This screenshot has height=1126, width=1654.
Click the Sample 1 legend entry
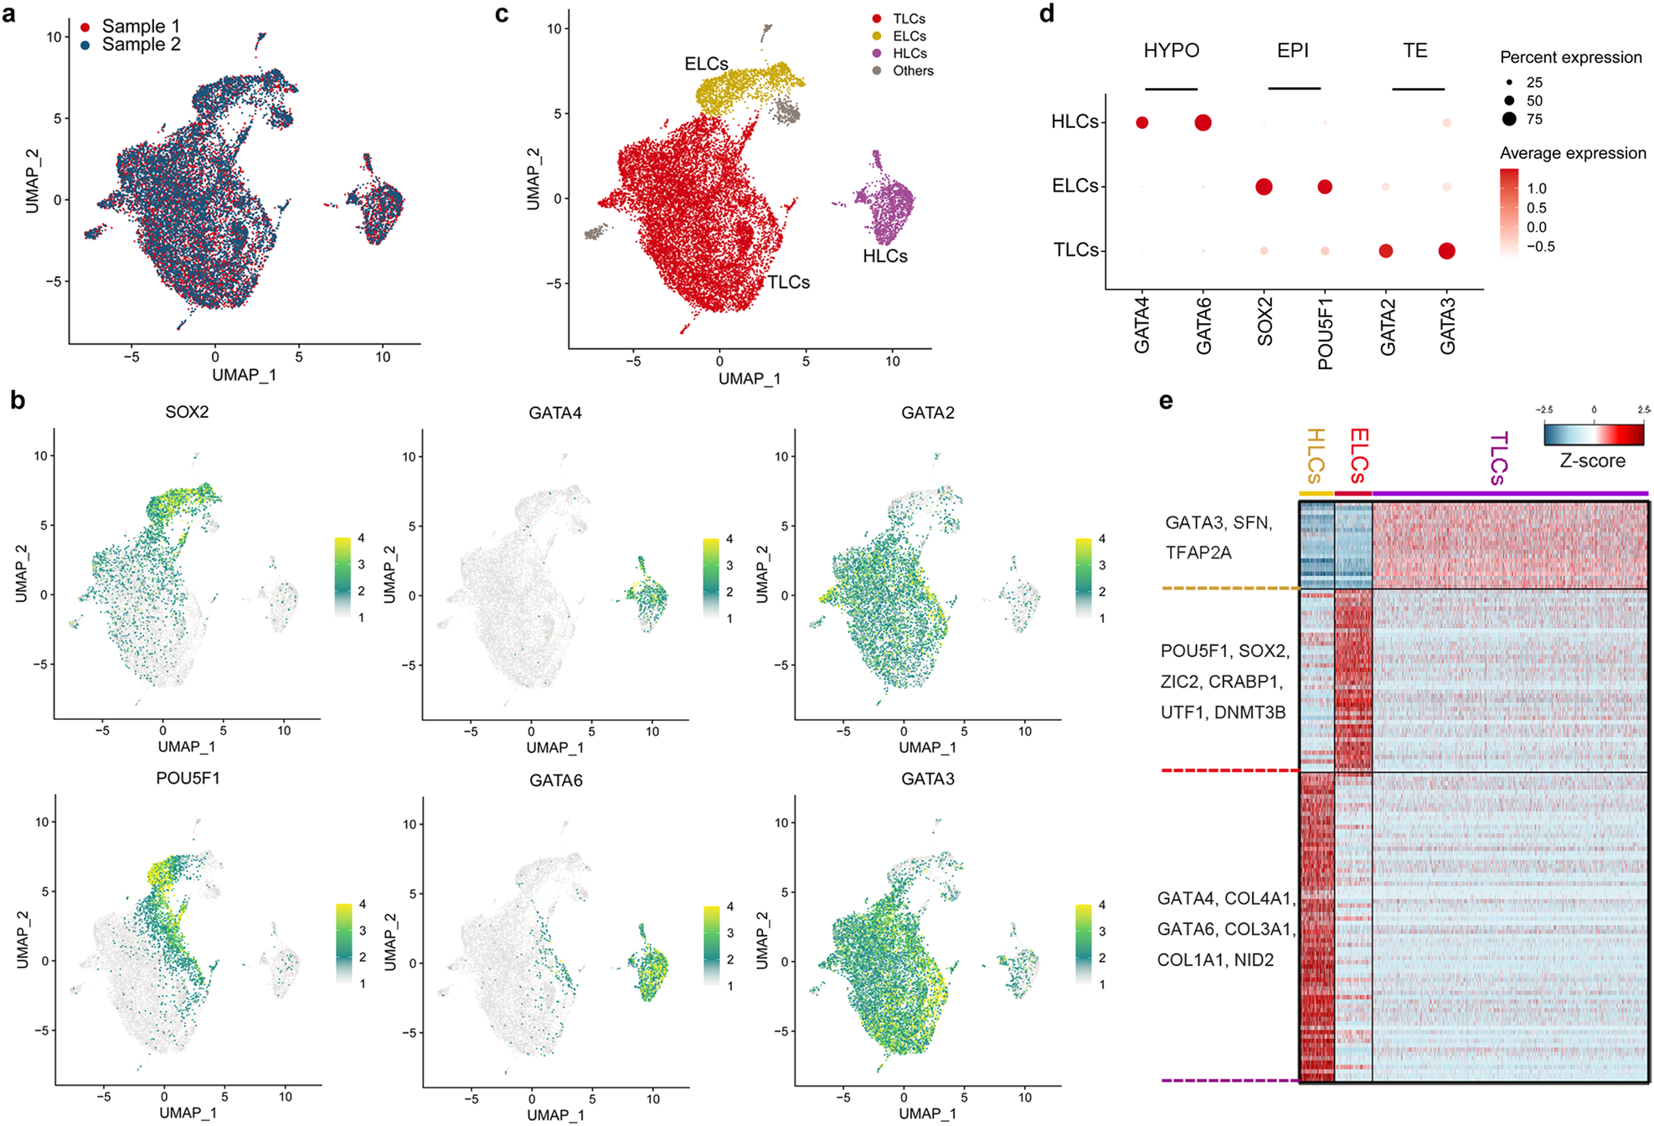click(140, 27)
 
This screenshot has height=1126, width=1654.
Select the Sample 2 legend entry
click(140, 44)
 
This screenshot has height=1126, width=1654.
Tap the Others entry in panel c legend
click(912, 71)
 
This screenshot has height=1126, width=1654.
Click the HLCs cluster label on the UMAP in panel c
click(884, 256)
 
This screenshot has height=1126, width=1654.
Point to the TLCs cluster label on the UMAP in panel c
click(788, 282)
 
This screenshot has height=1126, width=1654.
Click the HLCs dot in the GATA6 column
click(1203, 123)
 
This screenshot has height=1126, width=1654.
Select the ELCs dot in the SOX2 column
click(1264, 187)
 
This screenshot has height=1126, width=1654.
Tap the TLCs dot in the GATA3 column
click(1446, 250)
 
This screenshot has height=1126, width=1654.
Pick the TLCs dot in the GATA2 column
click(1386, 250)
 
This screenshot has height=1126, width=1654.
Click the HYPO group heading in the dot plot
click(1171, 51)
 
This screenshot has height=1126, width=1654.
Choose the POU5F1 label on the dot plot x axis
click(1325, 332)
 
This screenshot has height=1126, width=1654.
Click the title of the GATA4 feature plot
click(555, 413)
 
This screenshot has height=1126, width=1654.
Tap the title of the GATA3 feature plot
click(927, 779)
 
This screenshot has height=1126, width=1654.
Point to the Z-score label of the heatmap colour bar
click(1592, 460)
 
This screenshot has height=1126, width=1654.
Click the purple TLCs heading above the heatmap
click(1499, 458)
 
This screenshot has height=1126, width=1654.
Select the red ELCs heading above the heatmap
click(1358, 455)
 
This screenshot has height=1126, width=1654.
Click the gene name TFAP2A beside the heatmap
click(1198, 553)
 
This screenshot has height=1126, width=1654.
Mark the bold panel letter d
click(1047, 13)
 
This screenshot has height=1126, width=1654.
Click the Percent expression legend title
click(1570, 58)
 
